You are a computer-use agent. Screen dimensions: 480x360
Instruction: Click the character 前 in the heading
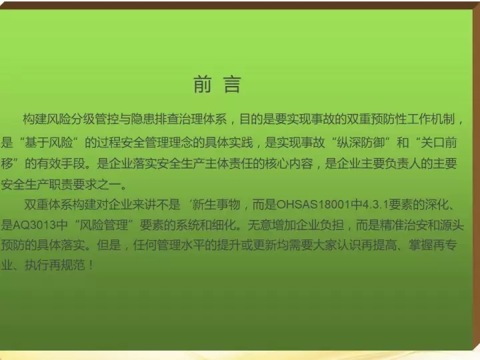[x=203, y=84]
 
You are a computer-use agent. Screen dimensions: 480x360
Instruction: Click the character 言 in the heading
[x=233, y=84]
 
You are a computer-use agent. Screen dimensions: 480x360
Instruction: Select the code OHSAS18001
[x=313, y=204]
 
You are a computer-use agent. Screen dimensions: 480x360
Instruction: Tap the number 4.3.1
[x=375, y=204]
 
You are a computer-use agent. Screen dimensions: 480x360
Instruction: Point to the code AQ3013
[x=34, y=225]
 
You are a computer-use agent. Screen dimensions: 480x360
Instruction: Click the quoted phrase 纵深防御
[x=361, y=143]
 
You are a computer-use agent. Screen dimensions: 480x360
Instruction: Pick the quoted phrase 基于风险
[x=49, y=143]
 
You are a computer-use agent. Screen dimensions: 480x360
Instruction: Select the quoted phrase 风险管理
[x=103, y=225]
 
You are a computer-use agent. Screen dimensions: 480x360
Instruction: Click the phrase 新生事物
[x=216, y=204]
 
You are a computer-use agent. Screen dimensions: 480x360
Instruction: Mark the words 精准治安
[x=404, y=225]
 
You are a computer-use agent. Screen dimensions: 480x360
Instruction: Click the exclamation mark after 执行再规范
[x=91, y=265]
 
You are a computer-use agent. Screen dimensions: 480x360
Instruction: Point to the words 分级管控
[x=83, y=119]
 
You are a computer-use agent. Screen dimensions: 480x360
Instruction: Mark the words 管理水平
[x=181, y=245]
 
